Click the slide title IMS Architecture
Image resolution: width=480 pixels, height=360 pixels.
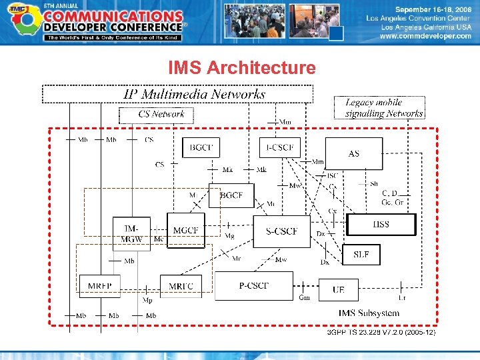click(x=242, y=68)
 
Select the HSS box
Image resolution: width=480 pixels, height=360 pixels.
click(x=381, y=225)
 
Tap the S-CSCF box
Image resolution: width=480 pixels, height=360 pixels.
click(x=281, y=231)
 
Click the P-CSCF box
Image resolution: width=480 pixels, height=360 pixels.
click(x=254, y=286)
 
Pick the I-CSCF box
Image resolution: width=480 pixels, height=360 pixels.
click(x=279, y=147)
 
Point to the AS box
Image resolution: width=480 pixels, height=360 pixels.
click(x=354, y=154)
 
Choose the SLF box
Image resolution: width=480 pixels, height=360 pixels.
click(x=361, y=254)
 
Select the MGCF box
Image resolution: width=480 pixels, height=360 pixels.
click(x=185, y=231)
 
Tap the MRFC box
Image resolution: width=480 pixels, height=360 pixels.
click(x=181, y=287)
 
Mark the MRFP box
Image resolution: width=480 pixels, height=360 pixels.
click(x=100, y=287)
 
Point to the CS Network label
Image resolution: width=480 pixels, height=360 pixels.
click(x=161, y=114)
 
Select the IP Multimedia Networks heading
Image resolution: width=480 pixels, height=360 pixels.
click(x=195, y=94)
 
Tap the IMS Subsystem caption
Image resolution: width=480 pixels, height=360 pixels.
click(x=369, y=313)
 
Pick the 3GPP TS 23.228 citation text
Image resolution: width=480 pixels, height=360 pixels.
click(x=381, y=332)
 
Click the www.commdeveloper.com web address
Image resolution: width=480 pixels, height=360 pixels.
click(x=425, y=36)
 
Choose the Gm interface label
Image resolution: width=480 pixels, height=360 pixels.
click(x=305, y=297)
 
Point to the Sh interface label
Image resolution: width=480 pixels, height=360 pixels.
click(x=374, y=183)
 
